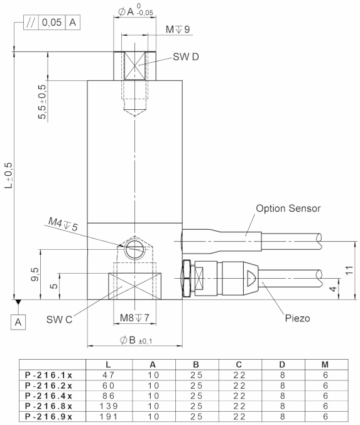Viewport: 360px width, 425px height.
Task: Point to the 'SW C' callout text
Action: click(59, 319)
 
